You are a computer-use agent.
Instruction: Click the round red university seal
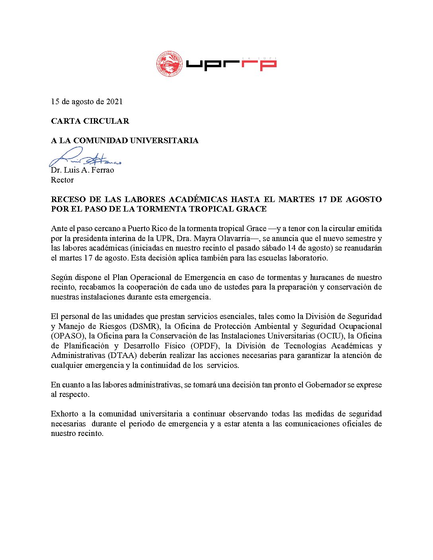(170, 64)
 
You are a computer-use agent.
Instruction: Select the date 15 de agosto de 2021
(87, 101)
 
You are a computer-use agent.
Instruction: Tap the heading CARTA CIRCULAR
(90, 121)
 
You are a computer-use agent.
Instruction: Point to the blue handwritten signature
(84, 158)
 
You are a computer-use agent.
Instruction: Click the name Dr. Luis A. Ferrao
(82, 170)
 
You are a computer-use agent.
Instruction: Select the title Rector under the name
(62, 180)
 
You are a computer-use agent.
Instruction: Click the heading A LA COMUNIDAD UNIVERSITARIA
(125, 140)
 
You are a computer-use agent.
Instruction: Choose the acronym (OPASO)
(66, 336)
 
